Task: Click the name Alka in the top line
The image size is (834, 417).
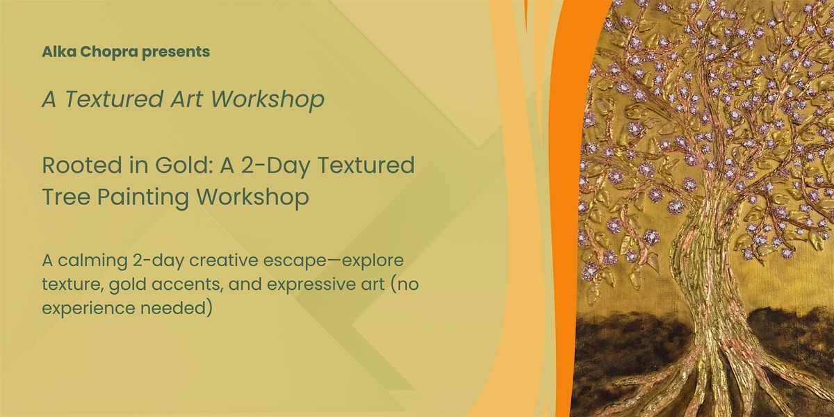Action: [x=59, y=51]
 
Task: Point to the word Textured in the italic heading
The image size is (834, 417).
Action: [x=114, y=99]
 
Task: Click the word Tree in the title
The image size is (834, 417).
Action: [x=66, y=196]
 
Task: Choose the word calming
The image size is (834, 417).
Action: [x=92, y=261]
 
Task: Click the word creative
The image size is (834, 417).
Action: [x=224, y=261]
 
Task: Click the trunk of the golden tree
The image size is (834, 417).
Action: [x=700, y=283]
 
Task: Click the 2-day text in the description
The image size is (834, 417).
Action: [x=158, y=261]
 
